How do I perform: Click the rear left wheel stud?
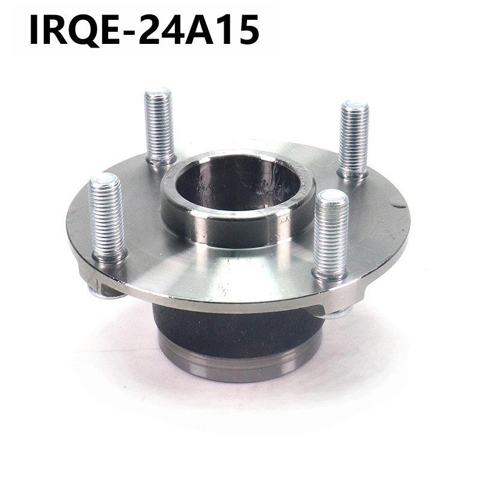point(158,123)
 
